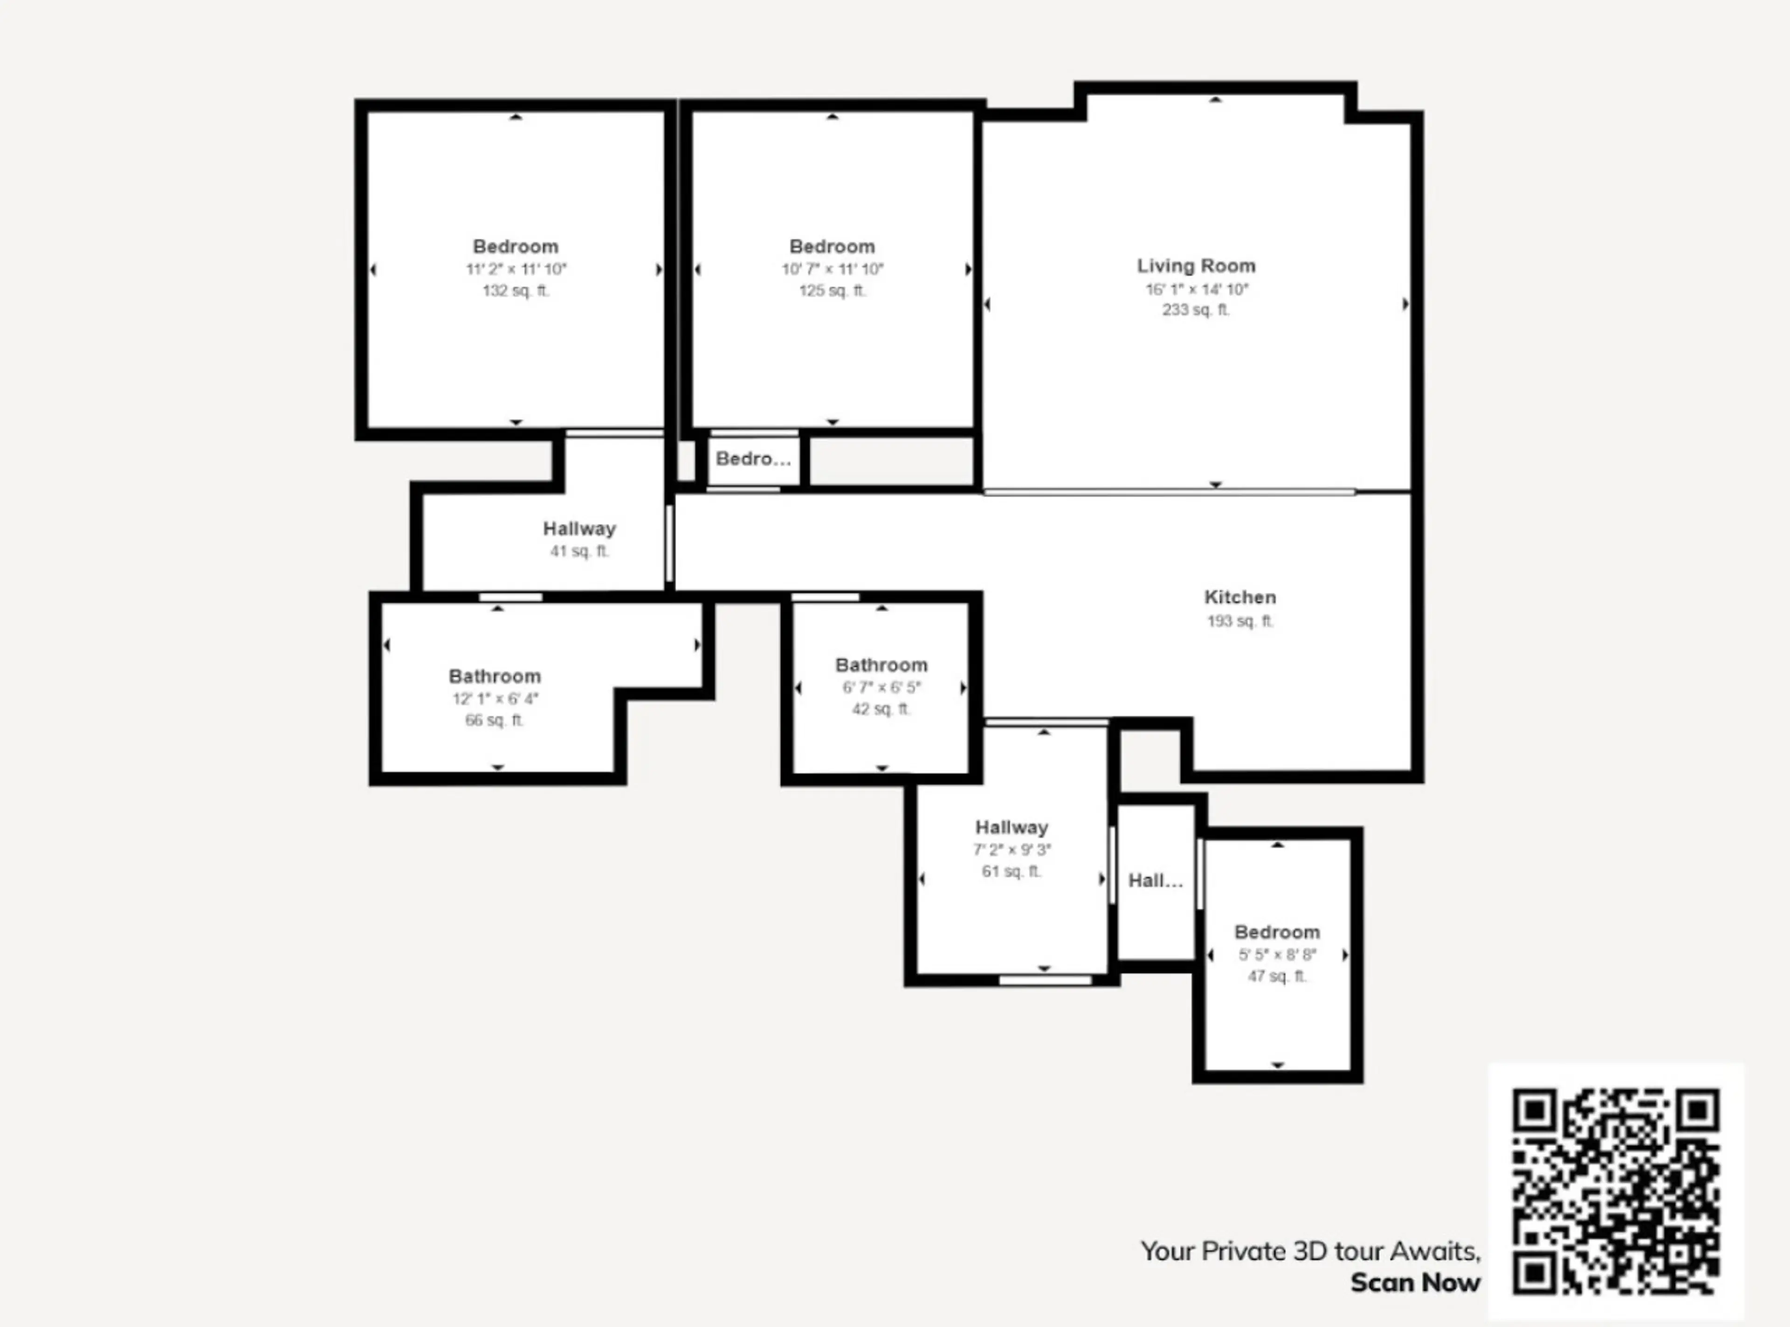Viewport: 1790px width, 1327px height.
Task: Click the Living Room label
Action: (1196, 266)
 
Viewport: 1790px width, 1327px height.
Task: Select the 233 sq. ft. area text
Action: (1196, 310)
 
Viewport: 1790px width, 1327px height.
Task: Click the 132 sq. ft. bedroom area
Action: (516, 291)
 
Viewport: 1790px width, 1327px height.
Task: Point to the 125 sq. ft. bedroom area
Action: (833, 291)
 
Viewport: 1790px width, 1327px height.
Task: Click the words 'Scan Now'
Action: (1415, 1283)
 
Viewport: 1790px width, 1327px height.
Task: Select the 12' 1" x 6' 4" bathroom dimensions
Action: (495, 699)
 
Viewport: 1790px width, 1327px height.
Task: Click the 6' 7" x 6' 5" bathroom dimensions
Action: (881, 688)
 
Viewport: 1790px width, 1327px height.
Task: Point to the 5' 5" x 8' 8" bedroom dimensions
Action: (1277, 955)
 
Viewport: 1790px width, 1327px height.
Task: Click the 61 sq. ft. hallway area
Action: (1012, 872)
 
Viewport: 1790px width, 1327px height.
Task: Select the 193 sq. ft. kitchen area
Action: (1239, 621)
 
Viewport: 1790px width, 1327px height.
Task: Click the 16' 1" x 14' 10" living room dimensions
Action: (1196, 289)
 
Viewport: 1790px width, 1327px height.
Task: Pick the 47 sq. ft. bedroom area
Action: (1277, 977)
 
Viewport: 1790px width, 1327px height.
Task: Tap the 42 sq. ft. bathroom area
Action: (881, 709)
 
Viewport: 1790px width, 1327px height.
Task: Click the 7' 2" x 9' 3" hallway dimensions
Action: (1012, 850)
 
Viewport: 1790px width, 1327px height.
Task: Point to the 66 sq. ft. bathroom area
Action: (495, 721)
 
